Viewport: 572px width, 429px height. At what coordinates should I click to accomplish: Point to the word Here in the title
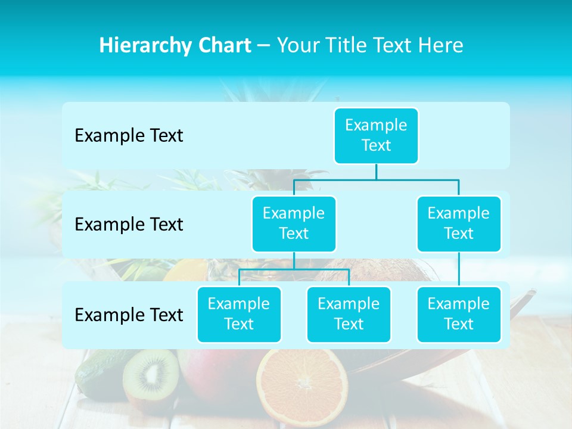point(442,45)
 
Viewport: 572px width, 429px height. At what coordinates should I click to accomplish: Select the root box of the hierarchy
point(376,135)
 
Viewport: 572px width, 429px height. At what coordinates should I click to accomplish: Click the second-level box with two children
point(294,223)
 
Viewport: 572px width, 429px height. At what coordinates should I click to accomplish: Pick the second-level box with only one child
point(459,223)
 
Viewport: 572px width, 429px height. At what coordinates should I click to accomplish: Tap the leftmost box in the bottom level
point(239,314)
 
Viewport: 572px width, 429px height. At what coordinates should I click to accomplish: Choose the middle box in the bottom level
point(349,314)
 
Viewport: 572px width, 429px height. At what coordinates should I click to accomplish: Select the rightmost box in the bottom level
point(459,314)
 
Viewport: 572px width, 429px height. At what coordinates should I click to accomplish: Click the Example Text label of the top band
point(129,136)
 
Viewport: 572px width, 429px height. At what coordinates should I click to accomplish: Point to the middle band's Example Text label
point(129,225)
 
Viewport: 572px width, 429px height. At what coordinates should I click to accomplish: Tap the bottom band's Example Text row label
point(129,315)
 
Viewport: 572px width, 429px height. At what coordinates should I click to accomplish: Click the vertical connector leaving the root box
point(376,172)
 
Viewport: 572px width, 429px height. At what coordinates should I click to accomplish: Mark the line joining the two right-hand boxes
point(459,269)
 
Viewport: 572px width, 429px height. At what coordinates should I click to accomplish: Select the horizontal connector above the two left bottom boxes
point(294,269)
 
